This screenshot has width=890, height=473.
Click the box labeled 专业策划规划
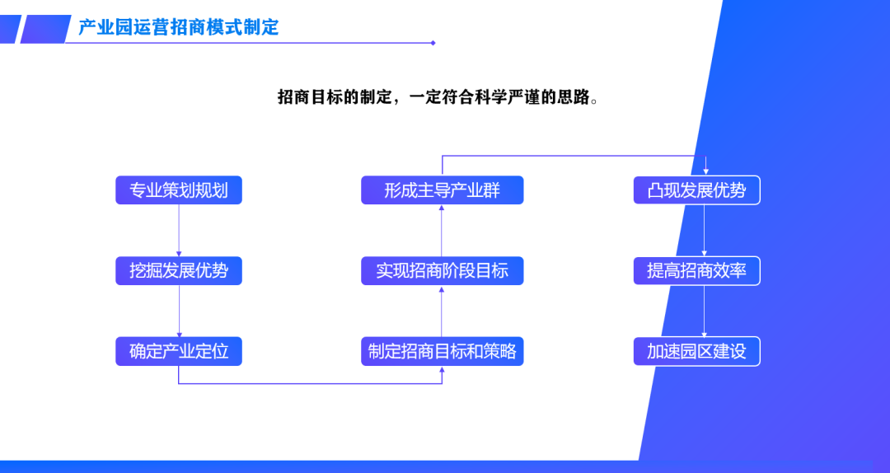click(x=179, y=190)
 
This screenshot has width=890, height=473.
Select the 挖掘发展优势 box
click(x=179, y=271)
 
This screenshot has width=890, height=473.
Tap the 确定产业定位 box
click(x=179, y=352)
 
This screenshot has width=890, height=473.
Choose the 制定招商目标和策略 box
click(x=443, y=352)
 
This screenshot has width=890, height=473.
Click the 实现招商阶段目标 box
click(x=443, y=271)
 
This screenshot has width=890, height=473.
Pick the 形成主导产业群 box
click(x=443, y=190)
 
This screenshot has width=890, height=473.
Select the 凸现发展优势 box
click(x=696, y=190)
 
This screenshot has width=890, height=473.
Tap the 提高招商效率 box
click(x=696, y=271)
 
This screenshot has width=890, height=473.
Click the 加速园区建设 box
click(x=696, y=352)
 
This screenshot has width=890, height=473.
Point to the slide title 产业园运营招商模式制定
click(x=179, y=26)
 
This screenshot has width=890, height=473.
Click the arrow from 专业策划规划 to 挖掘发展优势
click(x=179, y=231)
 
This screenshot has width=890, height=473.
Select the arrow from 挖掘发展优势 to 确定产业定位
click(x=179, y=311)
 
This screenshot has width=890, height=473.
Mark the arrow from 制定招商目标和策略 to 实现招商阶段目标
click(x=442, y=311)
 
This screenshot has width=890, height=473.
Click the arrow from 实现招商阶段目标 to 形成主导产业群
click(x=442, y=231)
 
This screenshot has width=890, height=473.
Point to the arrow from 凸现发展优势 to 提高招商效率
click(x=705, y=231)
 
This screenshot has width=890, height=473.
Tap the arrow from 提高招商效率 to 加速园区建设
click(x=705, y=311)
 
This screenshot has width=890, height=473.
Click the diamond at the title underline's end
click(x=433, y=43)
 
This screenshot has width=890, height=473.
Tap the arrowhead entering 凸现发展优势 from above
click(x=705, y=171)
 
